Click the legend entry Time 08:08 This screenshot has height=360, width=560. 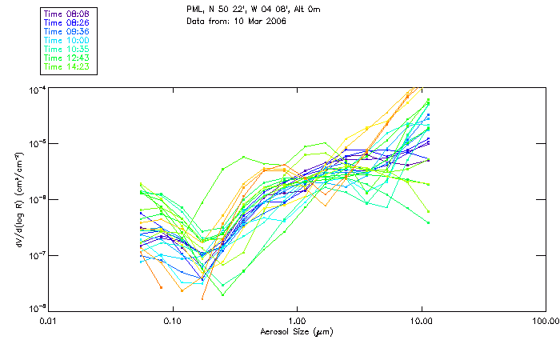[x=67, y=14]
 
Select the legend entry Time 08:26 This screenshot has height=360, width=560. [x=67, y=22]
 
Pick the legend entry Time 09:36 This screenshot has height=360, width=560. [x=67, y=31]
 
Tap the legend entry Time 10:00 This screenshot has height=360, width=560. [x=67, y=40]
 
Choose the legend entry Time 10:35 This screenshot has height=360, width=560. [x=67, y=49]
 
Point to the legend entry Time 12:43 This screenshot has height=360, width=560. [x=67, y=58]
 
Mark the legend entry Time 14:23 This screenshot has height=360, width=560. [x=67, y=66]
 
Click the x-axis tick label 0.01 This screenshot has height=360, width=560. [x=49, y=322]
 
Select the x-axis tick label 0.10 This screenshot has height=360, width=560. [x=173, y=322]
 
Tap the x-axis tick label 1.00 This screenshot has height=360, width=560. [x=297, y=322]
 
